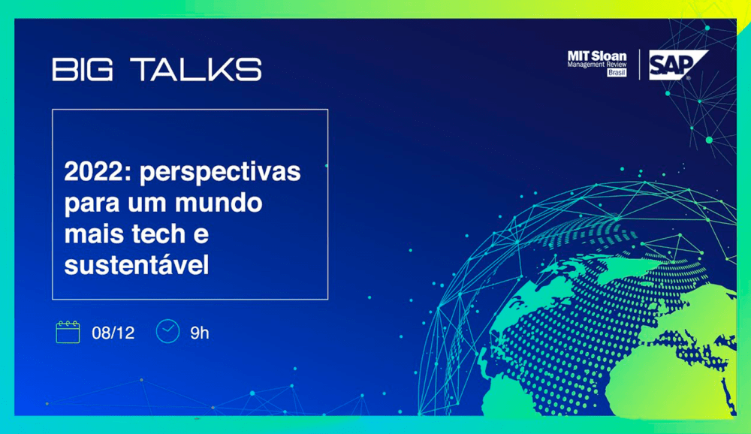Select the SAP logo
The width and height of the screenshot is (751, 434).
point(677,65)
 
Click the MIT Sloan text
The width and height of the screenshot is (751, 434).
point(597,56)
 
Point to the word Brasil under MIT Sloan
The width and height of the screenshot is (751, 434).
point(616,74)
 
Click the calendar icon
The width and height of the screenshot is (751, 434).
point(68,332)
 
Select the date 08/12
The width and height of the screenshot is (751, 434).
point(113,333)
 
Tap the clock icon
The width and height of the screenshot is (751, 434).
point(167,331)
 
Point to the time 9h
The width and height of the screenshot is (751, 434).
point(199,333)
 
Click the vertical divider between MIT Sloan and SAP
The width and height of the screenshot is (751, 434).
point(639,65)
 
